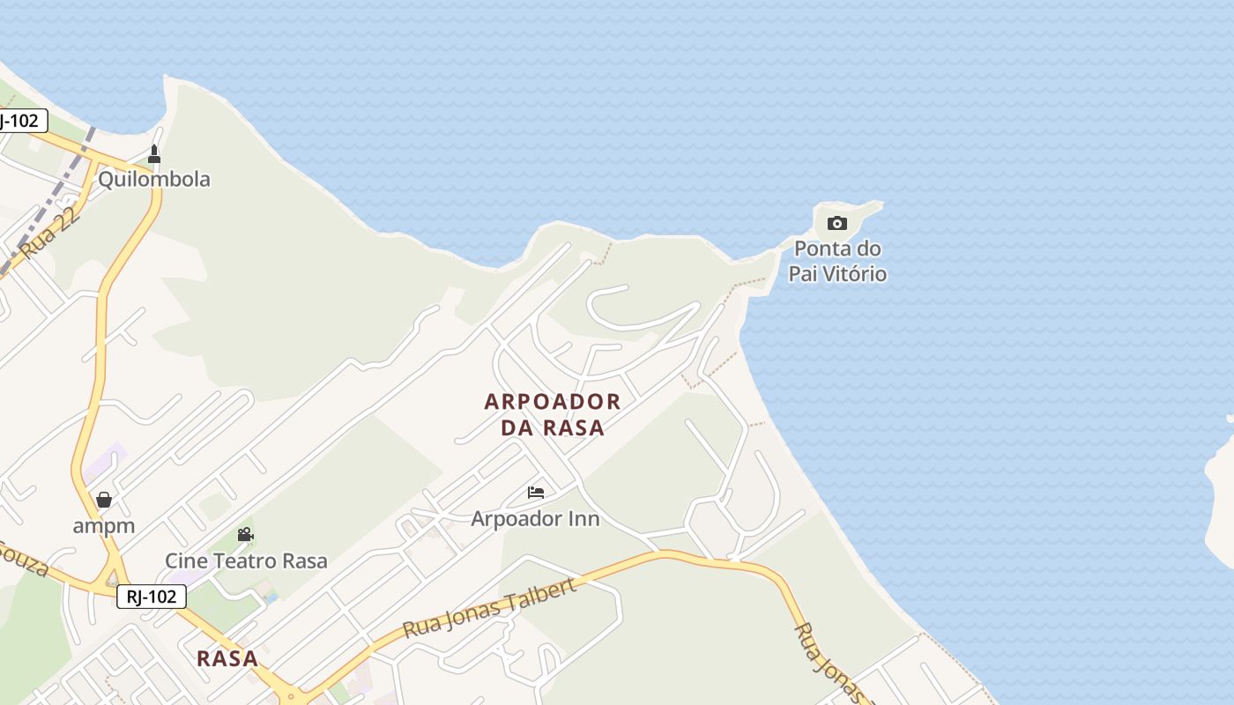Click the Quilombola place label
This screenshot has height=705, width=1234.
pos(154,180)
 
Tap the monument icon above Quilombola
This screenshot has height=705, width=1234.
pos(154,155)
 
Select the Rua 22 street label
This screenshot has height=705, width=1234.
pos(52,233)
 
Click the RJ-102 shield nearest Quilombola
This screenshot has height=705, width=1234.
pos(19,121)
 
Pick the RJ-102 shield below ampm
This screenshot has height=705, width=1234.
pos(152,597)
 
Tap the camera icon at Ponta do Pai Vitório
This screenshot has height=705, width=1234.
pos(837,224)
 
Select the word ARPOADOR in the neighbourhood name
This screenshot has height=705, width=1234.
pos(553,402)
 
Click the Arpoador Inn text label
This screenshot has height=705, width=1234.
pos(535,519)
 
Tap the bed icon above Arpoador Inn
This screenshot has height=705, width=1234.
pos(536,493)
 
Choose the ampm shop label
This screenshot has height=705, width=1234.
pos(104,526)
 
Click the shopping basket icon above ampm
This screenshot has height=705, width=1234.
pos(104,500)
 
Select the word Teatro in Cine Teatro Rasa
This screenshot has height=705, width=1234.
pos(247,561)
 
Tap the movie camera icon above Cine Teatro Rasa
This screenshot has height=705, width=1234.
pos(246,535)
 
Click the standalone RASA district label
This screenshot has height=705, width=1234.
pos(227,658)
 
